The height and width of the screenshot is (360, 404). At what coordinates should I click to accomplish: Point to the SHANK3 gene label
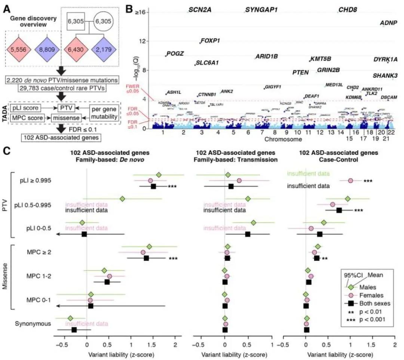(x=385, y=76)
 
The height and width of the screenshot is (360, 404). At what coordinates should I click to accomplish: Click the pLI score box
(x=25, y=108)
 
